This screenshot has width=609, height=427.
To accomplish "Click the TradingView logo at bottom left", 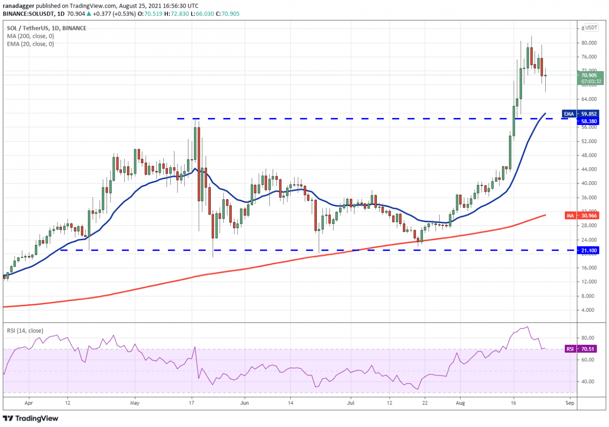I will [30, 418].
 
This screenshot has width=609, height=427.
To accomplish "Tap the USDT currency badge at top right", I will [591, 28].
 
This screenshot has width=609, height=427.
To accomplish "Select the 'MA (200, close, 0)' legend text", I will [30, 36].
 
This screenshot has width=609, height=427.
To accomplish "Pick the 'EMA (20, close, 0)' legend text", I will [30, 44].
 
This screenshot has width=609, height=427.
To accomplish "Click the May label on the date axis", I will [135, 402].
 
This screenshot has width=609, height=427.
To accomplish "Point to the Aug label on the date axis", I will [461, 402].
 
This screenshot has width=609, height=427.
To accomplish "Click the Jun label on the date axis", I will [244, 402].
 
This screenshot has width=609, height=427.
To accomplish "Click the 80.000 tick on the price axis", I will [587, 43].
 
